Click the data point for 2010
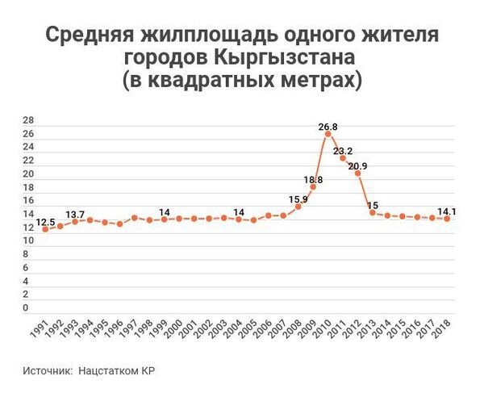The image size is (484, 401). pyautogui.click(x=328, y=134)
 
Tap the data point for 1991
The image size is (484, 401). pyautogui.click(x=45, y=229)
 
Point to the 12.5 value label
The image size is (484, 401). pyautogui.click(x=46, y=221)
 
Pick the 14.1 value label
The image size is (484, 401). pyautogui.click(x=446, y=211)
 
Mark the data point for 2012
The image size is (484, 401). pyautogui.click(x=357, y=173)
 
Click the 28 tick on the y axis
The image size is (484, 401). pyautogui.click(x=28, y=120)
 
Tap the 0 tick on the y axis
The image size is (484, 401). pyautogui.click(x=26, y=307)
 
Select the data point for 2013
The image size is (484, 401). pyautogui.click(x=373, y=212)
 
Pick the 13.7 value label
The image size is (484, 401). pyautogui.click(x=75, y=214)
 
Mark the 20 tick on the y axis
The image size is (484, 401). pyautogui.click(x=28, y=173)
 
